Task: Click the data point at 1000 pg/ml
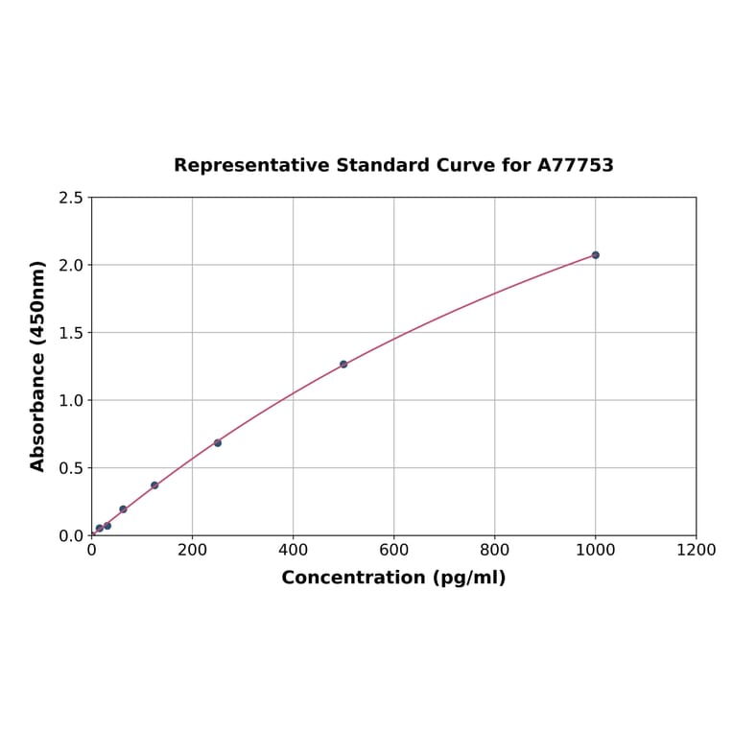tap(595, 255)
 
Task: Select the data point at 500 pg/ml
tap(343, 365)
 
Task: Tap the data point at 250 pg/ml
tap(218, 443)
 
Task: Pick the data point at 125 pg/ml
tap(154, 485)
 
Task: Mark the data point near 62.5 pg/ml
tap(123, 509)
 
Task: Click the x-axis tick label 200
tap(192, 551)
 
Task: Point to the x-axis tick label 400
tap(293, 551)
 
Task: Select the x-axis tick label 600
tap(393, 551)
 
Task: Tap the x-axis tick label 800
tap(494, 551)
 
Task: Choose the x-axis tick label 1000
tap(595, 551)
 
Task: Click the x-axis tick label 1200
tap(696, 551)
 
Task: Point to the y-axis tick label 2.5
tap(70, 198)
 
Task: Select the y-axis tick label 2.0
tap(70, 265)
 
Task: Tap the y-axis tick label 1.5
tap(70, 333)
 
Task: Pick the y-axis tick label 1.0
tap(70, 400)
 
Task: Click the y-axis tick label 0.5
tap(70, 468)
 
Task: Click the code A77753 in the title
tap(575, 166)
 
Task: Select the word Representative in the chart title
tap(251, 166)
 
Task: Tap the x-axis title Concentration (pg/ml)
tap(393, 578)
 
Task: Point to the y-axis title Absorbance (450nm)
tap(38, 366)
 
